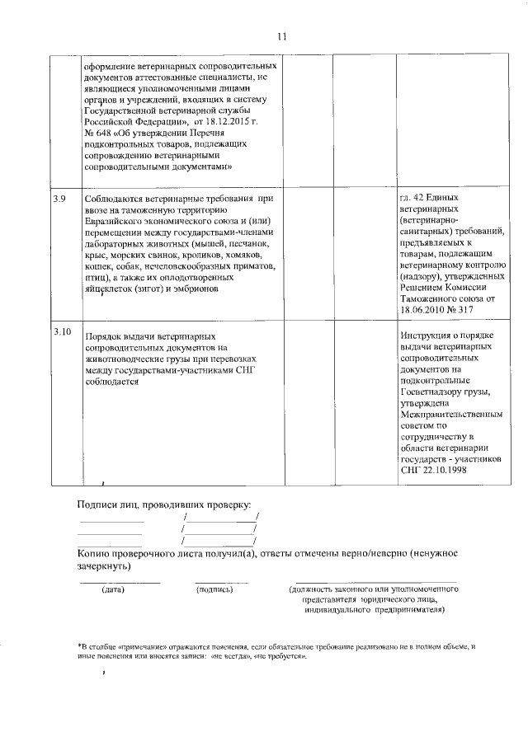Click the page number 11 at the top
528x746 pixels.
click(281, 37)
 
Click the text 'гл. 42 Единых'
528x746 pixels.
click(429, 199)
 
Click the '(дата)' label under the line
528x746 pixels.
click(113, 589)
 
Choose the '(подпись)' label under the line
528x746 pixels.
click(214, 589)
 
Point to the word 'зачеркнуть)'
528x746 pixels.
click(103, 567)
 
